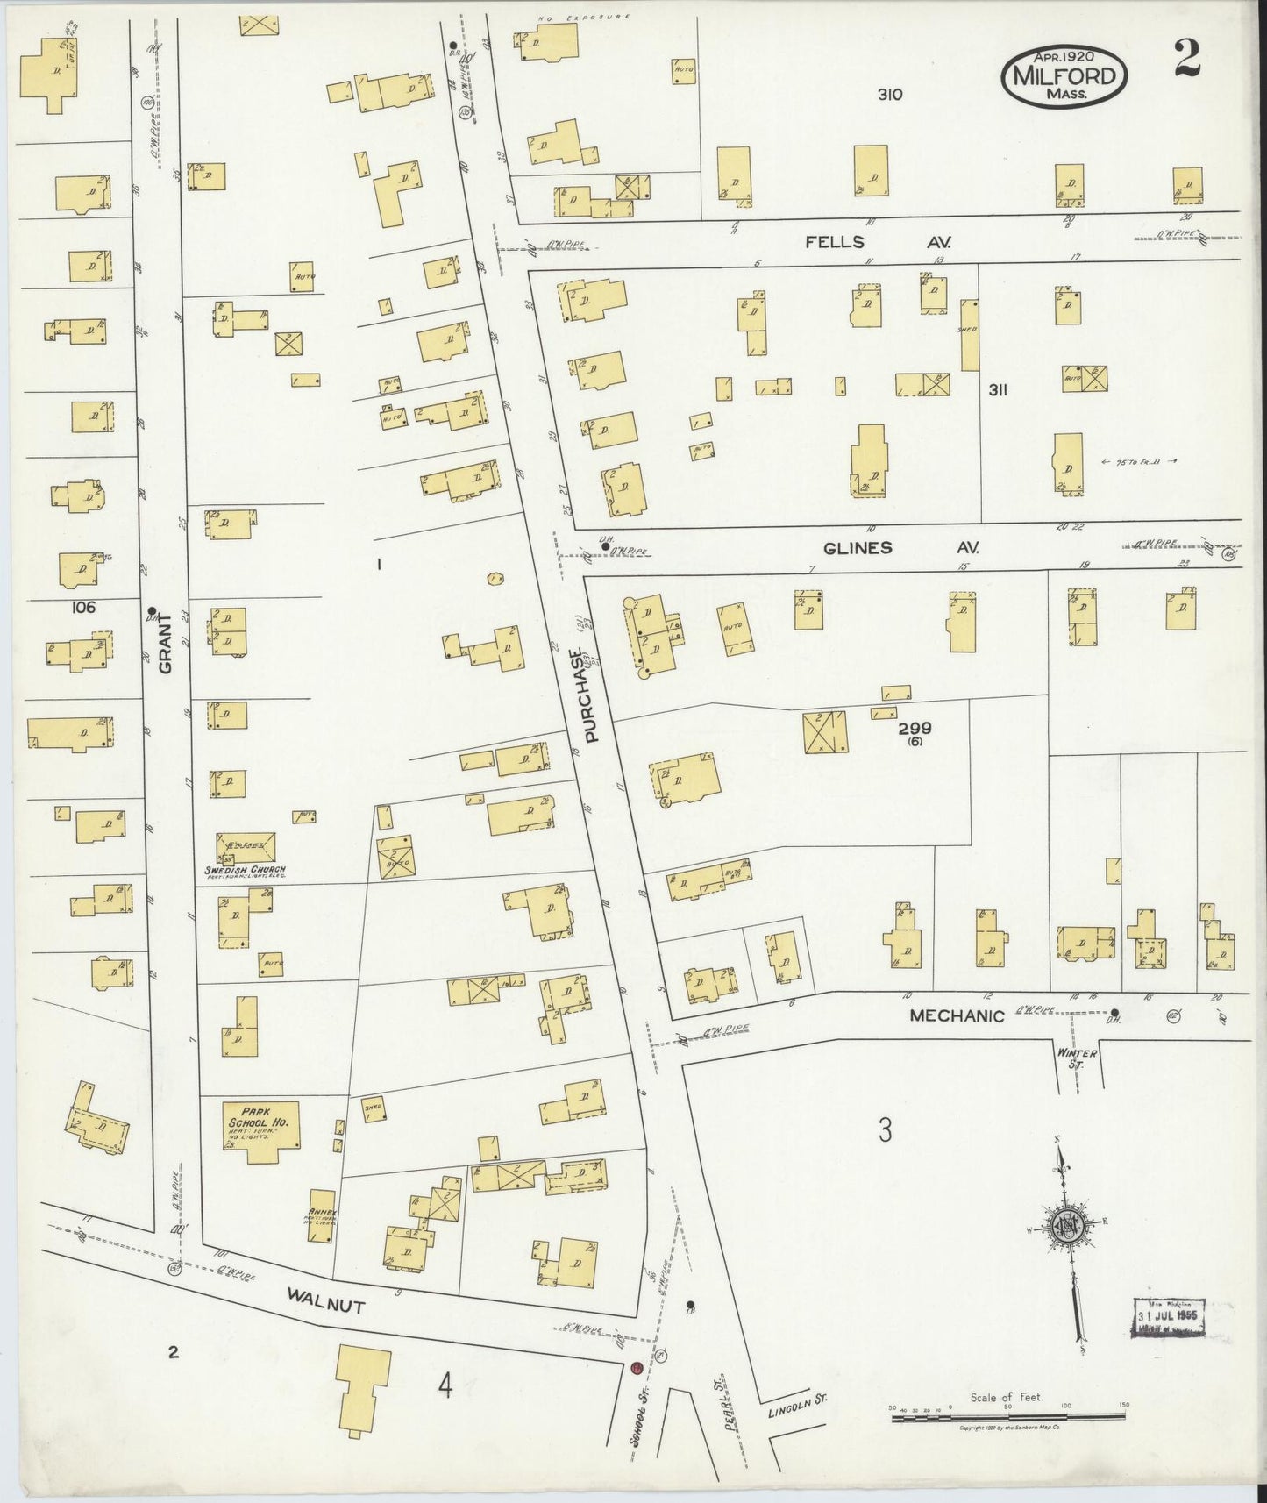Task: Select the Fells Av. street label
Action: [x=878, y=241]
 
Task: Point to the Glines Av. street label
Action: [x=900, y=547]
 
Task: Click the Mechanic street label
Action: [x=956, y=1015]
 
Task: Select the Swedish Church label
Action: [x=246, y=871]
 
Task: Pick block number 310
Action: [x=889, y=95]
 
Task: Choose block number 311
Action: [x=997, y=390]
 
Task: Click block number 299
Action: [x=914, y=728]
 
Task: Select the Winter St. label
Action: [x=1077, y=1059]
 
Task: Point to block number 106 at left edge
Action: [x=84, y=607]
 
